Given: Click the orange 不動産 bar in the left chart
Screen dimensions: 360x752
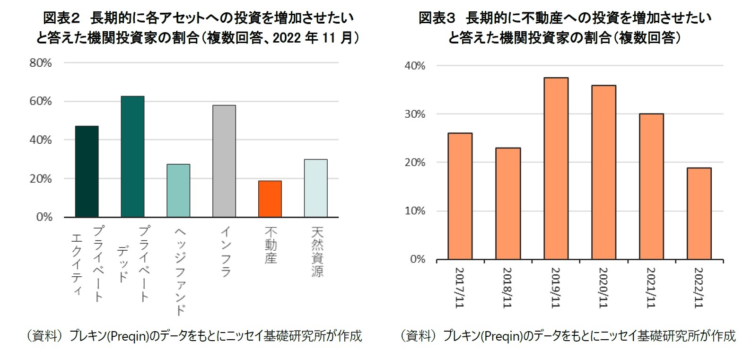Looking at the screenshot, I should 270,199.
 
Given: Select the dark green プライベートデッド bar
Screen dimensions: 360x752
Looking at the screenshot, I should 132,157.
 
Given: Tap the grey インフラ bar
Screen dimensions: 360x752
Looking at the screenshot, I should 224,161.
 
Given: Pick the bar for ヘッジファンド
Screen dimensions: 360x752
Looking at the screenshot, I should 178,191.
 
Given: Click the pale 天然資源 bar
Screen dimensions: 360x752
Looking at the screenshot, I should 315,188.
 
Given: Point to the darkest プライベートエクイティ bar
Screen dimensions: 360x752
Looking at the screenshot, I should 87,171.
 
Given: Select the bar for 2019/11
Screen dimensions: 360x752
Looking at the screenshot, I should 556,168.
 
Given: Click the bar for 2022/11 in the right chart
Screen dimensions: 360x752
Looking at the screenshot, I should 699,213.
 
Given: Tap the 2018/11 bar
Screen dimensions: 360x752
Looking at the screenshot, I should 508,203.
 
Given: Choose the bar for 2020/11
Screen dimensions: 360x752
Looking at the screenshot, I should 603,172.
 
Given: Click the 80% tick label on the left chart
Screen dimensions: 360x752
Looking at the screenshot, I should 41,63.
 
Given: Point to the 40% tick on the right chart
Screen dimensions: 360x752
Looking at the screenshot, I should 415,66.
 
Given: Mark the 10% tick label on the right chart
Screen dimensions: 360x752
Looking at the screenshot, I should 415,211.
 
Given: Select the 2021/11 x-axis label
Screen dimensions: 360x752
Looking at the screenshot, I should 651,288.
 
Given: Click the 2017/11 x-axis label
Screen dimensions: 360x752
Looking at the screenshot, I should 460,288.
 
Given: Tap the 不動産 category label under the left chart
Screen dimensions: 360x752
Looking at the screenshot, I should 271,245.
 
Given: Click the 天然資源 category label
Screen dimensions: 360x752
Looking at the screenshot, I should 317,251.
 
